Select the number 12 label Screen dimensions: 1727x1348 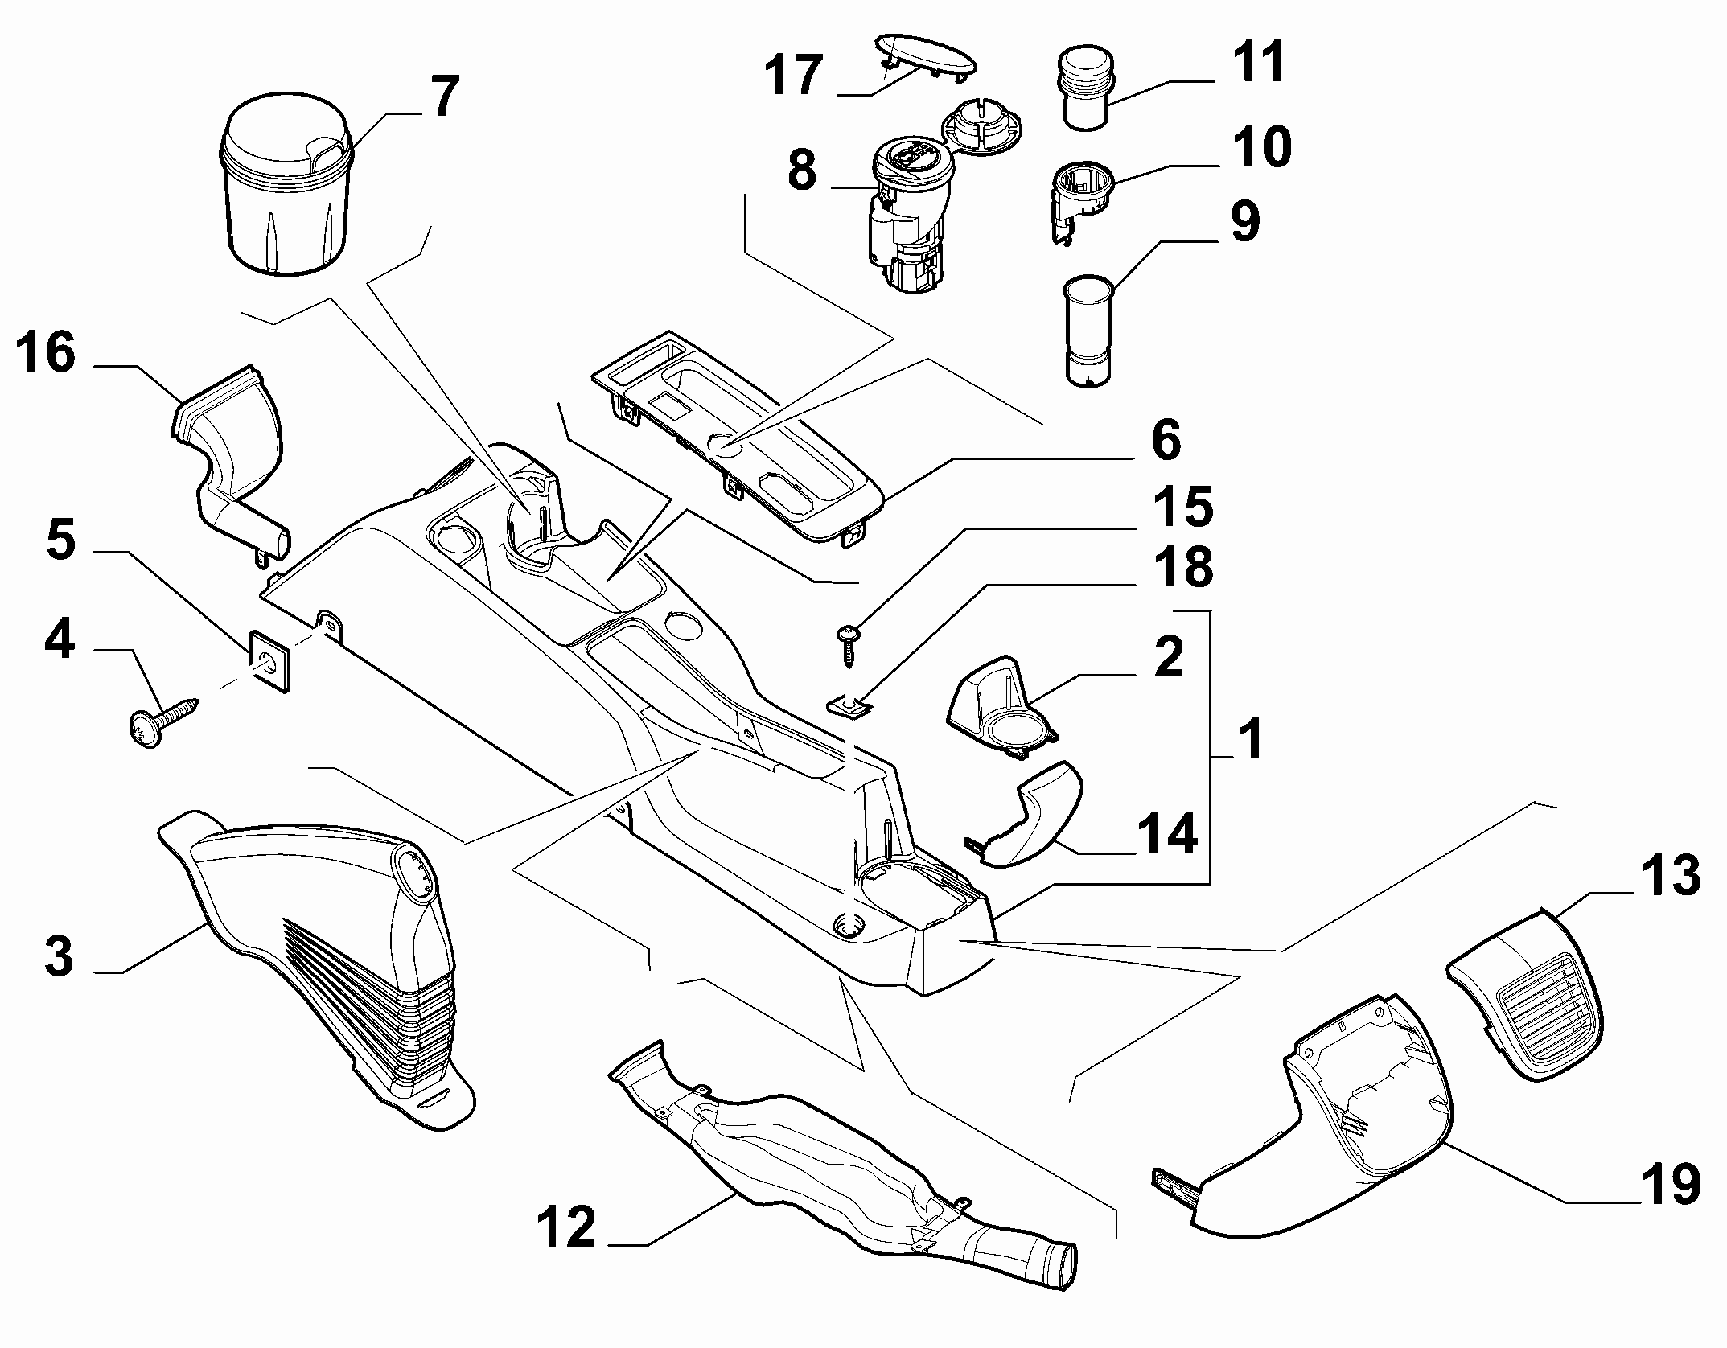tap(567, 1227)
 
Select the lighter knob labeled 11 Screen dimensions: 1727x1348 tap(1082, 88)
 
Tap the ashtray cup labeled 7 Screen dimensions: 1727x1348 tap(286, 187)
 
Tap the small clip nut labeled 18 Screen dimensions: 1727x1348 tap(849, 704)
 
